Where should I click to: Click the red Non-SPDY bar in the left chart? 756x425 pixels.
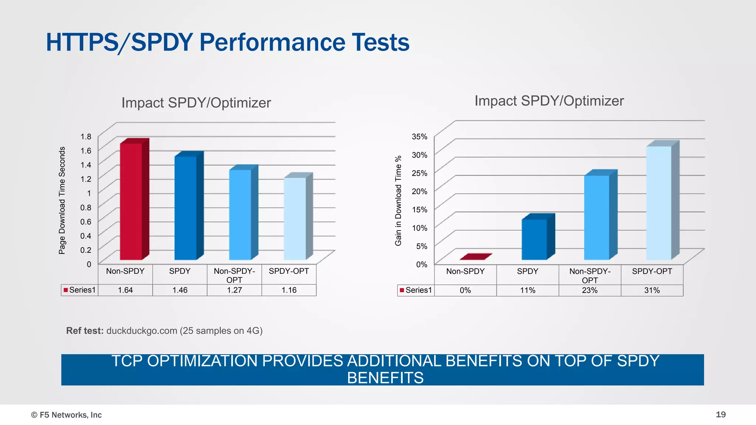point(131,201)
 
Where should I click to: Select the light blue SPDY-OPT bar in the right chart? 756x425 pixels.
point(659,203)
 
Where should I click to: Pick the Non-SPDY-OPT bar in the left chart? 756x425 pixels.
point(240,215)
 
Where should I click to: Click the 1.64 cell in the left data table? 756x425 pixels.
point(126,290)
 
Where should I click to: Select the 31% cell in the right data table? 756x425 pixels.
point(652,290)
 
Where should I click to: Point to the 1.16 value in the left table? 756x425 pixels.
point(289,290)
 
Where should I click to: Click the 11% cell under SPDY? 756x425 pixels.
point(528,290)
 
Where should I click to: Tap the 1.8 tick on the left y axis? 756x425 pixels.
point(86,137)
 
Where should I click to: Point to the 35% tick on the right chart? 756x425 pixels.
point(419,137)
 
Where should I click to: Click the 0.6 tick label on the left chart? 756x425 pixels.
point(86,221)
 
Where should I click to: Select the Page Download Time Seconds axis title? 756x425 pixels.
point(62,200)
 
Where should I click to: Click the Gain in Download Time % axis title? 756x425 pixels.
point(398,200)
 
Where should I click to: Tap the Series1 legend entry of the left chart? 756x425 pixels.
point(79,290)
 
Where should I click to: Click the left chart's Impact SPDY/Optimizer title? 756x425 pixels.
point(196,103)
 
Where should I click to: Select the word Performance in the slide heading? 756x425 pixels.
point(272,42)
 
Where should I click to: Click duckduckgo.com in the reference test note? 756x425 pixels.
point(141,331)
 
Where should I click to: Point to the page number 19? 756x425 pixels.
point(721,415)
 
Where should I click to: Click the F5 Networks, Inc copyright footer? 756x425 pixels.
point(66,415)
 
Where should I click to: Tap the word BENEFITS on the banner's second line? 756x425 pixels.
point(385,378)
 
